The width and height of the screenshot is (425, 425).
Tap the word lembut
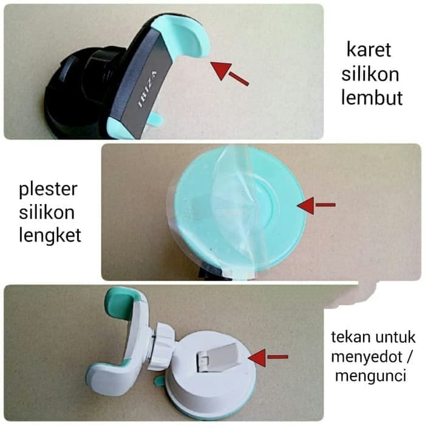pos(371,98)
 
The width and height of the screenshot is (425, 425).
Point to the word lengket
pos(48,236)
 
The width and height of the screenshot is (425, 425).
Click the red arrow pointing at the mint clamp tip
pos(230,72)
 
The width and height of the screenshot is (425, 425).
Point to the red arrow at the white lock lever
pos(267,358)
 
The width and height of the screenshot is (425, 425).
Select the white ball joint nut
pos(162,345)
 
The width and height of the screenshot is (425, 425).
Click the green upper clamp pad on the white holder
pos(122,304)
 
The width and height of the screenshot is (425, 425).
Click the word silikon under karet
pos(370,73)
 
